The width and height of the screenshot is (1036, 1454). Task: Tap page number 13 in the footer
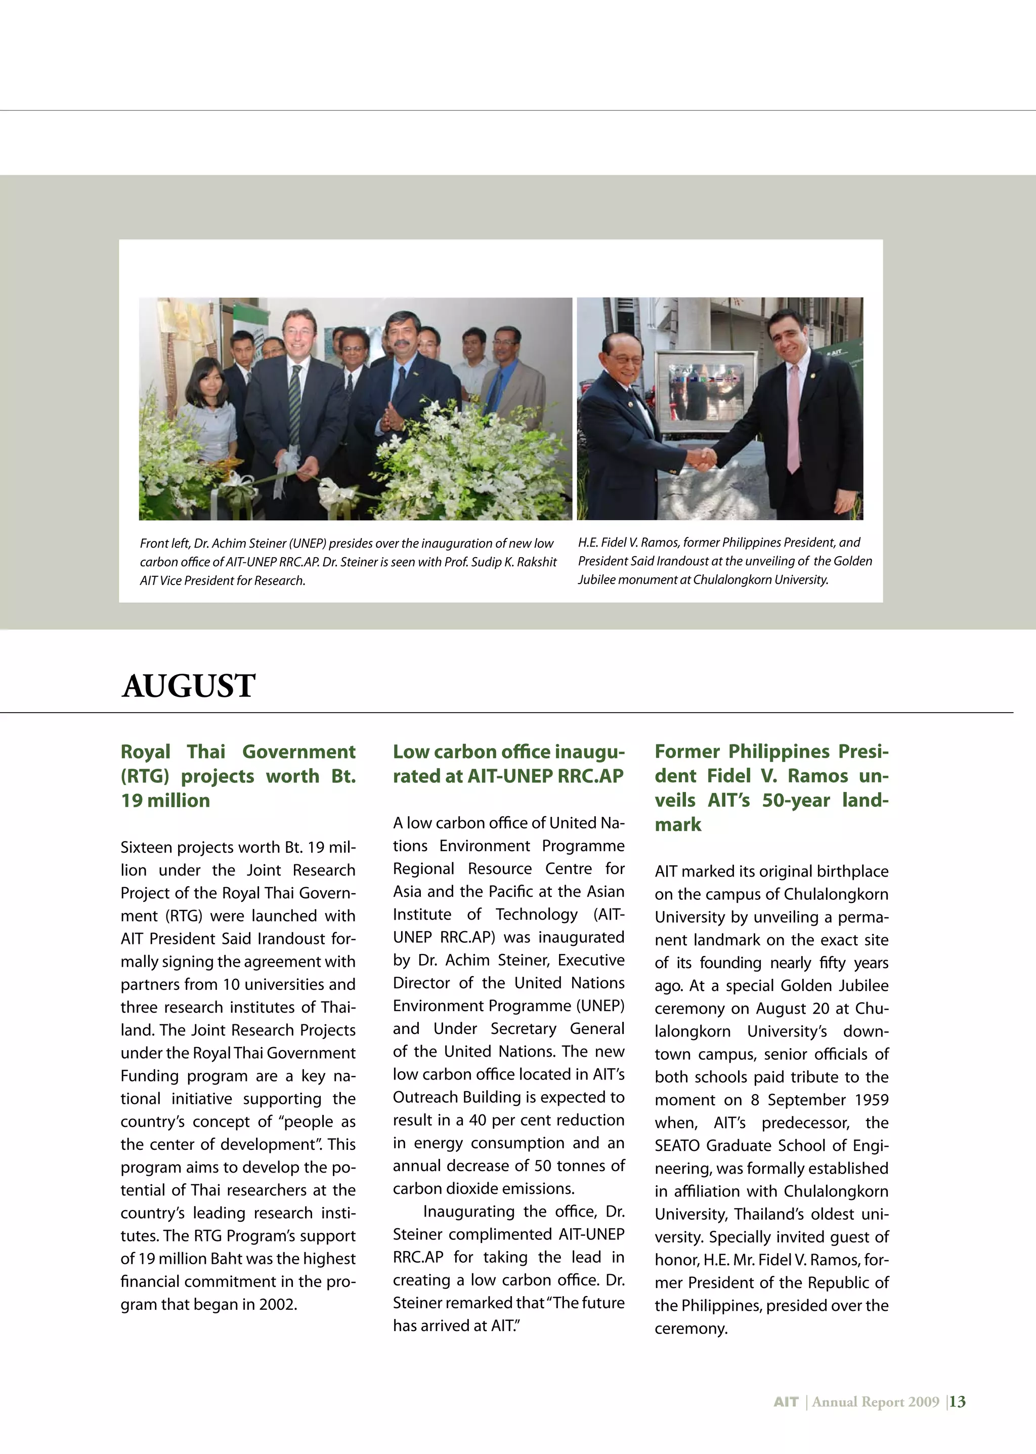957,1402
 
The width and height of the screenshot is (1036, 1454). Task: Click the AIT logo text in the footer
786,1402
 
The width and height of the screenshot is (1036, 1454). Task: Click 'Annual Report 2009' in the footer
875,1402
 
